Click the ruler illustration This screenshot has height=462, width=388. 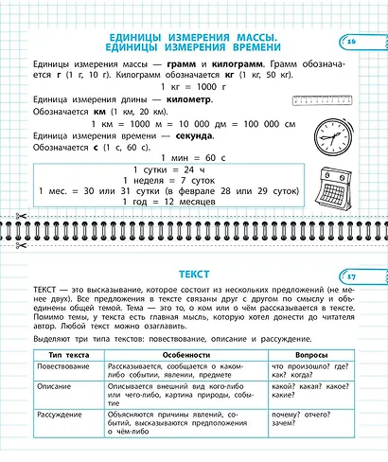click(x=326, y=98)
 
